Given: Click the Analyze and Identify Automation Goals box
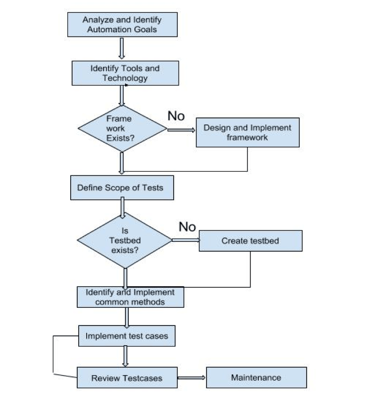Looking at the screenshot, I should click(x=122, y=24).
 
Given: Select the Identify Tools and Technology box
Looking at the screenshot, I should click(x=125, y=73).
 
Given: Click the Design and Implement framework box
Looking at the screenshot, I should click(x=247, y=132).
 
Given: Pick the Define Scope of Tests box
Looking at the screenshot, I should click(x=121, y=188).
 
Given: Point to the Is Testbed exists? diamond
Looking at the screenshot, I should click(x=125, y=240).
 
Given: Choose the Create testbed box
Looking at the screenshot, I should click(x=250, y=241).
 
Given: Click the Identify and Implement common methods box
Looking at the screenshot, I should click(x=130, y=297).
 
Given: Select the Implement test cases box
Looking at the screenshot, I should click(x=126, y=336).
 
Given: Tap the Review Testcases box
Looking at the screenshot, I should click(x=127, y=377).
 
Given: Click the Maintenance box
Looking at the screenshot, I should click(x=256, y=377).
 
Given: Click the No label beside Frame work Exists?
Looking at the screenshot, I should click(x=176, y=116).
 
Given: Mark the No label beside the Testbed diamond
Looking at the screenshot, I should click(x=187, y=227).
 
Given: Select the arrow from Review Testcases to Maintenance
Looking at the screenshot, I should click(x=191, y=377).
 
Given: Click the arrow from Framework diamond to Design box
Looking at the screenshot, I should click(x=181, y=130).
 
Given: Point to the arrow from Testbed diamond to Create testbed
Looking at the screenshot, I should click(x=185, y=240).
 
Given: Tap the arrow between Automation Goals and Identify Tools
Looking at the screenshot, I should click(x=122, y=48).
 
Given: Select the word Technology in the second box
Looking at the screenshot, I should click(x=125, y=78).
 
